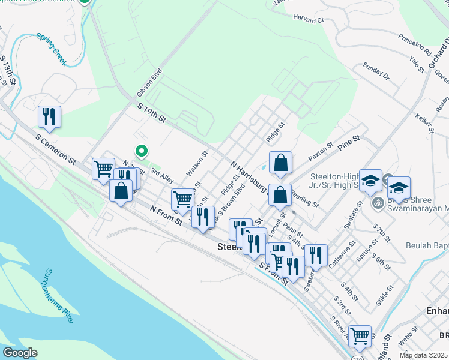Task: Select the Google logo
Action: (x=20, y=353)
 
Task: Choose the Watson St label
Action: (x=197, y=163)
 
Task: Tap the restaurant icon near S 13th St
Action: (x=49, y=116)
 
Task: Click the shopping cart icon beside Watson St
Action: (x=182, y=199)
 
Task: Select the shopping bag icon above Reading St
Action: (x=280, y=196)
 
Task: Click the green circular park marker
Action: (x=142, y=151)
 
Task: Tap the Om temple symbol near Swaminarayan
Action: (x=378, y=202)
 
